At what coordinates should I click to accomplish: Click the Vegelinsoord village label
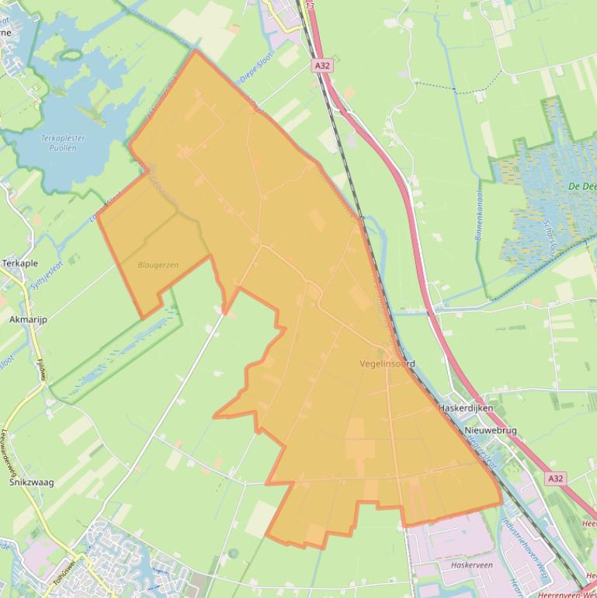(x=387, y=363)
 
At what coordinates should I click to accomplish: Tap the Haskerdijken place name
(x=466, y=408)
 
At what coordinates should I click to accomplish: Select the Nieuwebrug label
(x=490, y=430)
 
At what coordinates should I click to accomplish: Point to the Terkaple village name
(x=20, y=263)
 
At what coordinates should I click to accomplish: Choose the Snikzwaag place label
(x=31, y=482)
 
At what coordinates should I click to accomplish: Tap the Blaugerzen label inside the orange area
(x=158, y=265)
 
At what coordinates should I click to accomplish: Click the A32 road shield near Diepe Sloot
(x=323, y=66)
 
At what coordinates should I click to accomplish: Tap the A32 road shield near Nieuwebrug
(x=554, y=479)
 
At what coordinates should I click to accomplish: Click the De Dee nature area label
(x=581, y=186)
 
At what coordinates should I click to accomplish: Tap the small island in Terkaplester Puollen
(x=72, y=55)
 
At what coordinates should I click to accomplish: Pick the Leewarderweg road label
(x=9, y=450)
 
